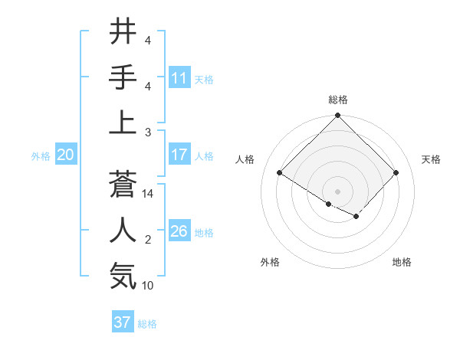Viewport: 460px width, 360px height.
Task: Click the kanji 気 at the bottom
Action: tap(123, 276)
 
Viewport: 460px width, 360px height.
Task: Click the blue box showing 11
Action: tap(179, 78)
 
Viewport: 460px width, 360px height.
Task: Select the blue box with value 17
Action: tap(179, 155)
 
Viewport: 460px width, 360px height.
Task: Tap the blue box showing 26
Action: tap(179, 231)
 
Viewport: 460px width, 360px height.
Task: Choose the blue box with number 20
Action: tap(65, 155)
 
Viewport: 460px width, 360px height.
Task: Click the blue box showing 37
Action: tap(123, 322)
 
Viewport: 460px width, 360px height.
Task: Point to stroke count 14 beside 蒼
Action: tap(148, 194)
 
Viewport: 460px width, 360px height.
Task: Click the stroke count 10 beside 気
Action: tap(148, 286)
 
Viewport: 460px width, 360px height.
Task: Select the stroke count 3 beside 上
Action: tap(147, 133)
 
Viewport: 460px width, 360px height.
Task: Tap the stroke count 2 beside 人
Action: tap(147, 240)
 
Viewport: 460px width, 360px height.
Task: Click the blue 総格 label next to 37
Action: tap(147, 324)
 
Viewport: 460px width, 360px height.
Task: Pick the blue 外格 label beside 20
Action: tap(41, 156)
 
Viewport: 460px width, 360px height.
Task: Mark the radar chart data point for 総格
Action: tap(337, 116)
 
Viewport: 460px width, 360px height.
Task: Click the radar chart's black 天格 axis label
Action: tap(431, 159)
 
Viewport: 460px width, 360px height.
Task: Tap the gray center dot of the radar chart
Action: tap(337, 191)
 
